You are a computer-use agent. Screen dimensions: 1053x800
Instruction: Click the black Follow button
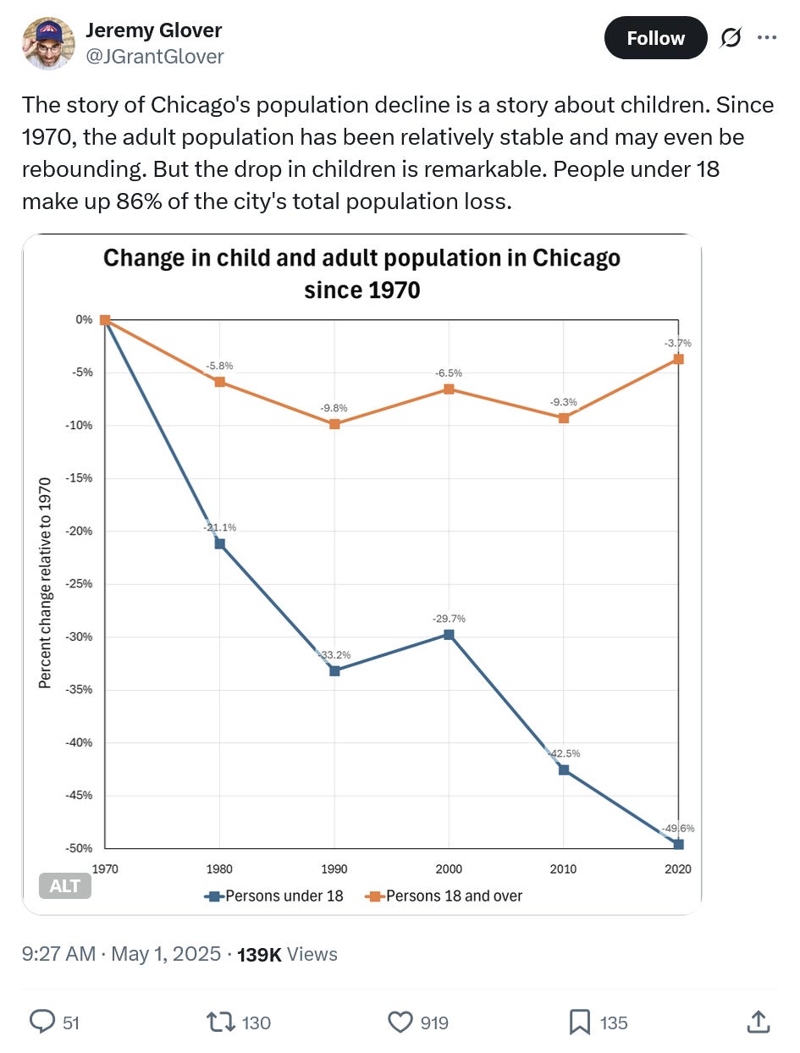click(x=655, y=38)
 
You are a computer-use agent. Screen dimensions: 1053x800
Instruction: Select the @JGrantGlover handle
click(x=155, y=56)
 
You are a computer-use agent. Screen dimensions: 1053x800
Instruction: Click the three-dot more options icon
click(x=767, y=38)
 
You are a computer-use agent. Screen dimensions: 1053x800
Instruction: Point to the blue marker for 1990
click(x=334, y=671)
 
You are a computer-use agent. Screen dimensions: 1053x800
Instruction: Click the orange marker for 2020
click(x=678, y=359)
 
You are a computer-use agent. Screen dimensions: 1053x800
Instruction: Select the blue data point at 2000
click(x=449, y=634)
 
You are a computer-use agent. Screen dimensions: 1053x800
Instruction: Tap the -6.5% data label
click(x=449, y=372)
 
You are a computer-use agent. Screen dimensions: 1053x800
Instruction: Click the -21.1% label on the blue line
click(x=219, y=527)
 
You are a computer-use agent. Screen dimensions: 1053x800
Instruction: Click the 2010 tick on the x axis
click(x=563, y=869)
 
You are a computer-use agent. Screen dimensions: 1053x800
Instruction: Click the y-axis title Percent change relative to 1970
click(x=45, y=583)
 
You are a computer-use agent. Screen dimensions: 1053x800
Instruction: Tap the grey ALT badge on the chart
click(x=64, y=886)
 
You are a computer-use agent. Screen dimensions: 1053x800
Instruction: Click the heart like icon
click(x=400, y=1023)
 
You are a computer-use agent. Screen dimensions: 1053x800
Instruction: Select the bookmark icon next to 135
click(x=579, y=1023)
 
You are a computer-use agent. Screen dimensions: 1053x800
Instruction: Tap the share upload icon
click(x=757, y=1023)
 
